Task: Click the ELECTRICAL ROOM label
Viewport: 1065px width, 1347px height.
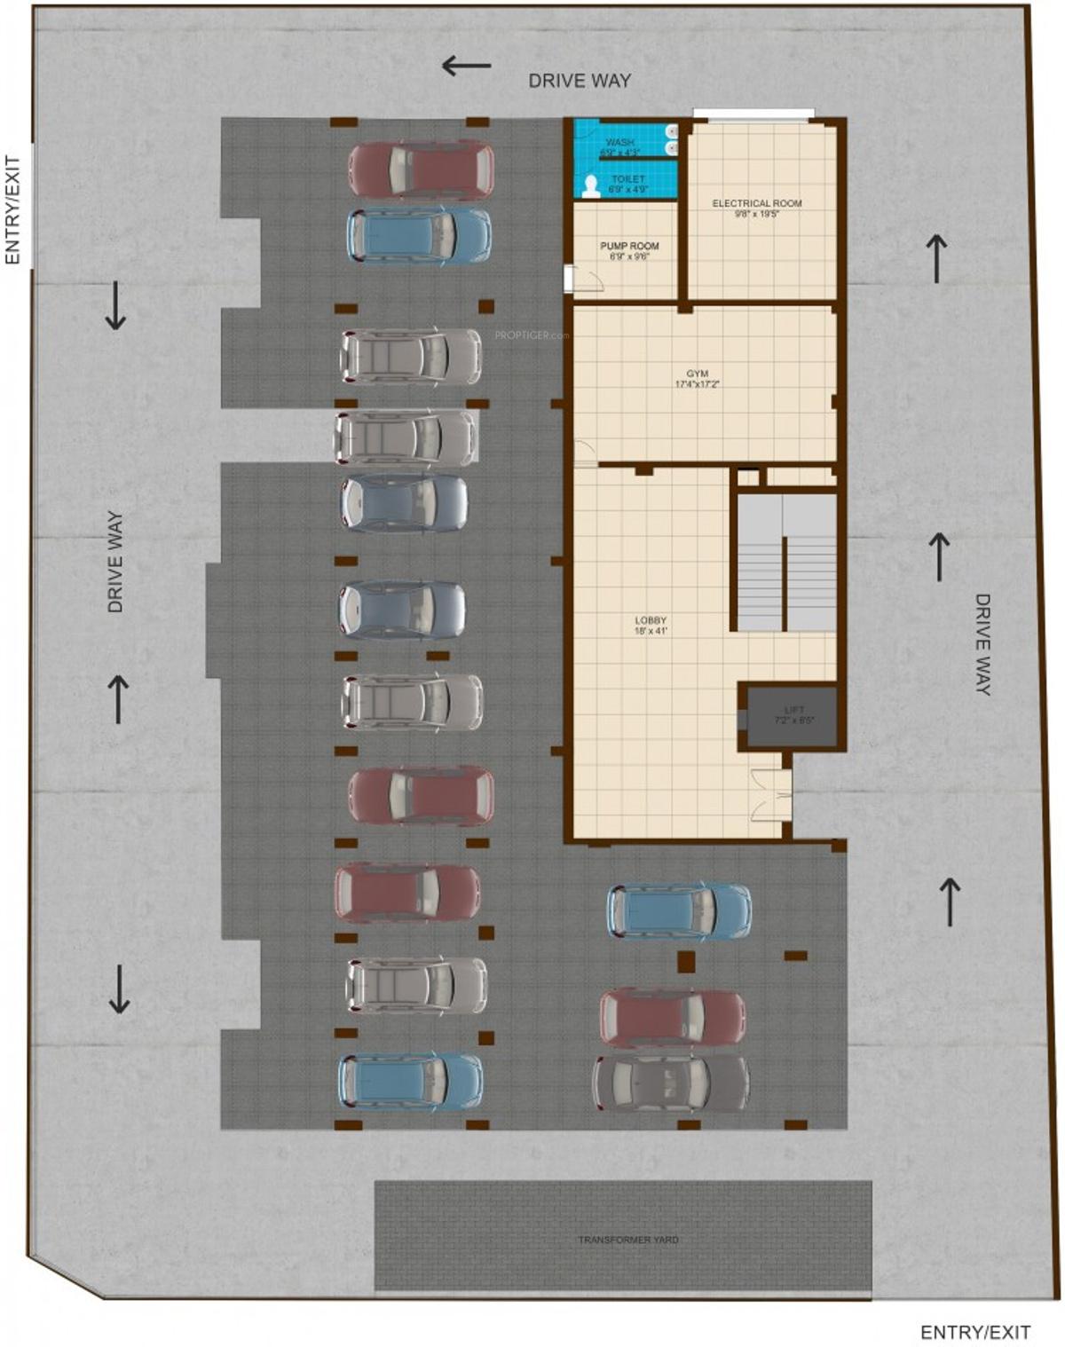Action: pos(756,209)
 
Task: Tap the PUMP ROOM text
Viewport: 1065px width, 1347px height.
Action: pos(629,251)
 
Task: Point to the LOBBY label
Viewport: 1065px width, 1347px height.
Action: pos(651,626)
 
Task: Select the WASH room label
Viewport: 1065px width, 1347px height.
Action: pos(619,146)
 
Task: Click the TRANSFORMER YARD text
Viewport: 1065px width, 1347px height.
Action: pos(628,1240)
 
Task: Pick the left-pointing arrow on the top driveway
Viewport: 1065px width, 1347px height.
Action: pos(467,65)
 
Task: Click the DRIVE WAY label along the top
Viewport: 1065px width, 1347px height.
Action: pos(580,81)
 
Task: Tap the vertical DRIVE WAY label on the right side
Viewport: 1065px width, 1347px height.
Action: pos(982,644)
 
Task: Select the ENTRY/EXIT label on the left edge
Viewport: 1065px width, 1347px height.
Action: pos(12,210)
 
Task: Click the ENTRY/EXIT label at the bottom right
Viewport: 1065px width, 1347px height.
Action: pos(974,1332)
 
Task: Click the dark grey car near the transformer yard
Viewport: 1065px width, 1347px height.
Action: pos(671,1083)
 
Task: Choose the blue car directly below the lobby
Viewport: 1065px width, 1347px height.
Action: pos(680,911)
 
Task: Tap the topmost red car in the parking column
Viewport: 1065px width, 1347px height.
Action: pos(421,169)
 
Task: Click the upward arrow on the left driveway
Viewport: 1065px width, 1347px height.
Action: pos(118,697)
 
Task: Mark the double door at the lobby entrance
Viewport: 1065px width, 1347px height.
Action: pos(769,796)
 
